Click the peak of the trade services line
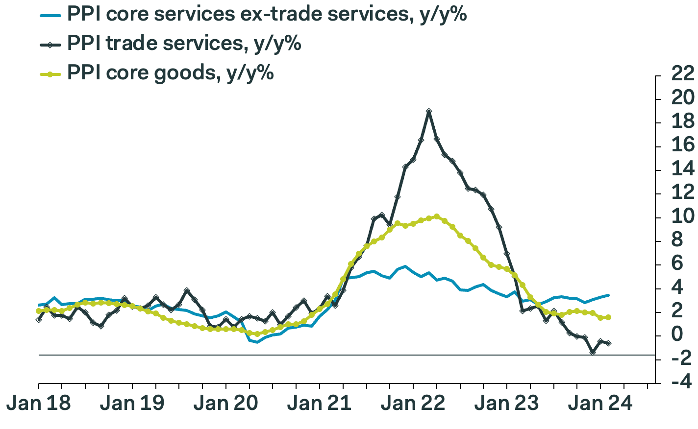429,111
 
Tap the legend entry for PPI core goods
170,73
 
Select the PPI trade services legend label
183,44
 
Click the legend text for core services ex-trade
266,15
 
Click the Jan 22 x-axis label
413,404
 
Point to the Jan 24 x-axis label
599,404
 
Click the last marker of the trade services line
608,343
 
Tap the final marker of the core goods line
608,317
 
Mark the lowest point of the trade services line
593,352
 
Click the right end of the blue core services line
608,295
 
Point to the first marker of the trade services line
39,319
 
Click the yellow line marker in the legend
50,74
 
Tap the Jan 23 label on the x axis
506,404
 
